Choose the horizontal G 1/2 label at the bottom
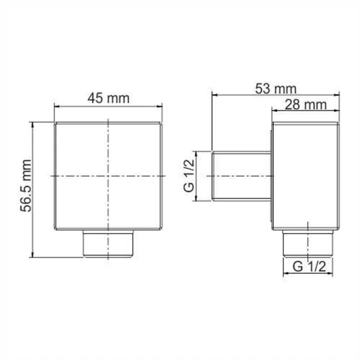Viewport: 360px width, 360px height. [308, 266]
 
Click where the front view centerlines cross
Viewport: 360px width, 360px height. [109, 176]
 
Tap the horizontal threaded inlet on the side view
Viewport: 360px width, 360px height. [242, 176]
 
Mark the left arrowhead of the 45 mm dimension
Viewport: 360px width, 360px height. [57, 107]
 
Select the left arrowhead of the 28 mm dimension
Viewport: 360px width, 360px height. [274, 112]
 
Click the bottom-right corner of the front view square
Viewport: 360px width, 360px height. [163, 230]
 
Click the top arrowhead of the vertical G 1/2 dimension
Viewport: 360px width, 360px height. [197, 152]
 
